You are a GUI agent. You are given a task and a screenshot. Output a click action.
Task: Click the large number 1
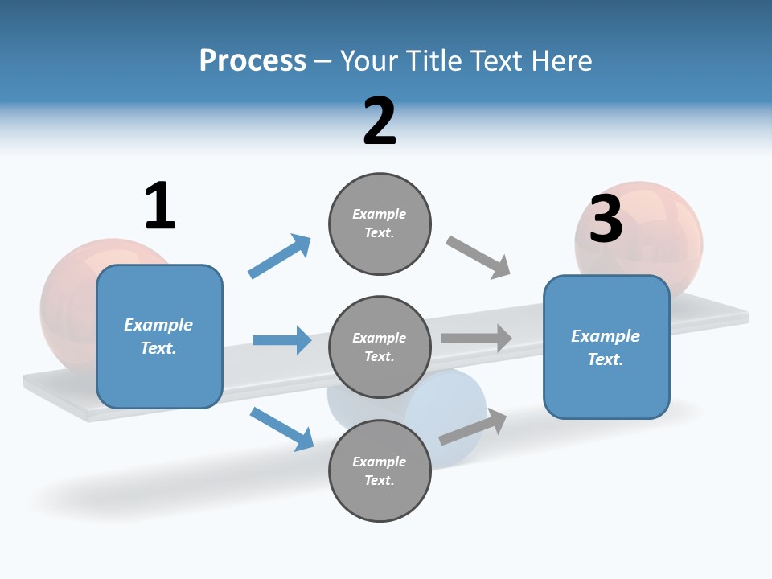tap(160, 207)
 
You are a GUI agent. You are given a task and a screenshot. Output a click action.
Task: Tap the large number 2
tap(380, 121)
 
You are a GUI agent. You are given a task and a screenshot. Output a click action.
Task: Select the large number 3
tap(606, 219)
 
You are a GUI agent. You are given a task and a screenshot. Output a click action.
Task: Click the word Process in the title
tap(253, 60)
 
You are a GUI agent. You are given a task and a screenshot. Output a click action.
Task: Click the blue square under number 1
tap(159, 336)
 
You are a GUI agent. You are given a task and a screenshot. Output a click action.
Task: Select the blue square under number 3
tap(606, 347)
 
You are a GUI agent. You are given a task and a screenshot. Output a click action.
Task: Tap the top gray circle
tap(380, 224)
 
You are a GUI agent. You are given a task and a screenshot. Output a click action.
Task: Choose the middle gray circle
tap(380, 347)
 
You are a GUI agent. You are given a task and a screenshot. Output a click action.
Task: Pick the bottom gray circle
tap(380, 470)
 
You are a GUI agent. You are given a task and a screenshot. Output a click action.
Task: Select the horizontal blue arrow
tap(282, 340)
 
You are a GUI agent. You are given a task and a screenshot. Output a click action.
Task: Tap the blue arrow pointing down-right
tap(282, 429)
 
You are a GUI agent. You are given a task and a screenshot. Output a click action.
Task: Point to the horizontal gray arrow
tap(476, 338)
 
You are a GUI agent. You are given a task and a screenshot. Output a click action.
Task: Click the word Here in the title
tap(563, 60)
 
